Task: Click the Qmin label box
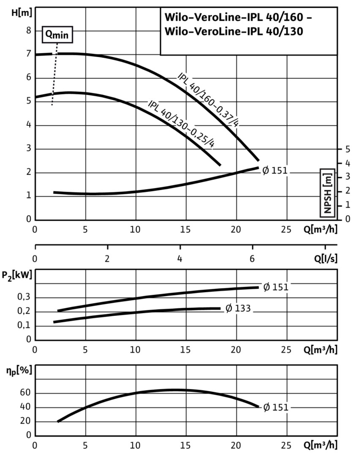point(57,35)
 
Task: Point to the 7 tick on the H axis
point(29,54)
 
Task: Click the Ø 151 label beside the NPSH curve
point(275,171)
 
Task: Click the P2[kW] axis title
point(17,277)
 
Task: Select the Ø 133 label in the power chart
point(238,309)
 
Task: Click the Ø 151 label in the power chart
point(275,288)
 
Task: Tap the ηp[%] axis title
point(17,373)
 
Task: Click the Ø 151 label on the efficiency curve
point(275,407)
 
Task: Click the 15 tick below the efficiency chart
point(186,445)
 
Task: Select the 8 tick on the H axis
point(29,30)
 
